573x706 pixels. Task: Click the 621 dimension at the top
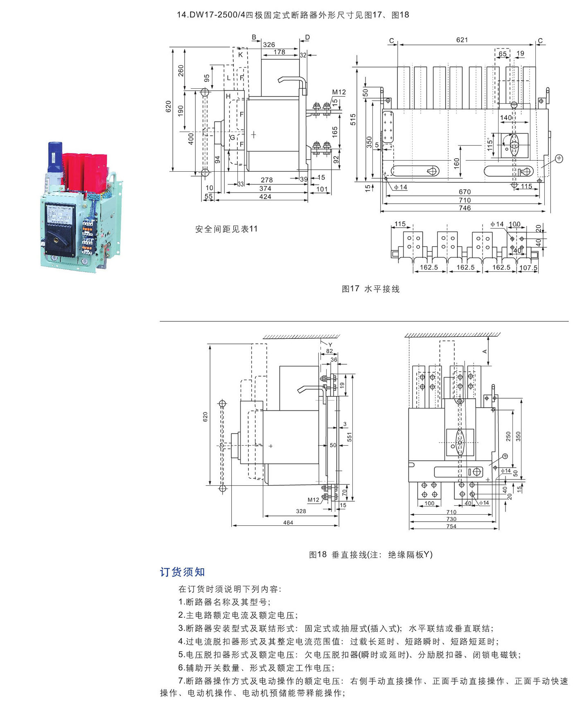click(x=462, y=40)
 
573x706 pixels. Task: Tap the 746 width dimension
click(x=465, y=208)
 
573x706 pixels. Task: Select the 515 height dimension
click(x=353, y=119)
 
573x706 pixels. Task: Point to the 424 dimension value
click(x=265, y=197)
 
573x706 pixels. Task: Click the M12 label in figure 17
click(x=339, y=92)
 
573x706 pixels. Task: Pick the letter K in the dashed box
click(x=241, y=55)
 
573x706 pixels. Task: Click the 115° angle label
click(x=490, y=145)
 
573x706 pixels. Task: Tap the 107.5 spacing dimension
click(x=528, y=268)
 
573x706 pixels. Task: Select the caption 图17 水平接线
click(x=370, y=289)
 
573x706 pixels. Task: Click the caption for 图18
click(x=370, y=555)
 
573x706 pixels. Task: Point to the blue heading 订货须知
click(x=182, y=572)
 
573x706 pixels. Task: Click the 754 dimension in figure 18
click(x=451, y=527)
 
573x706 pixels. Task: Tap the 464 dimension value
click(x=288, y=522)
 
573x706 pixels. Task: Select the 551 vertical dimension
click(x=350, y=437)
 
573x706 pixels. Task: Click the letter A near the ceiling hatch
click(x=485, y=351)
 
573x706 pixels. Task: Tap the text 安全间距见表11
click(x=226, y=229)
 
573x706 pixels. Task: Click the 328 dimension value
click(x=301, y=511)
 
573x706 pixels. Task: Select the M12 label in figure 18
click(x=314, y=500)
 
